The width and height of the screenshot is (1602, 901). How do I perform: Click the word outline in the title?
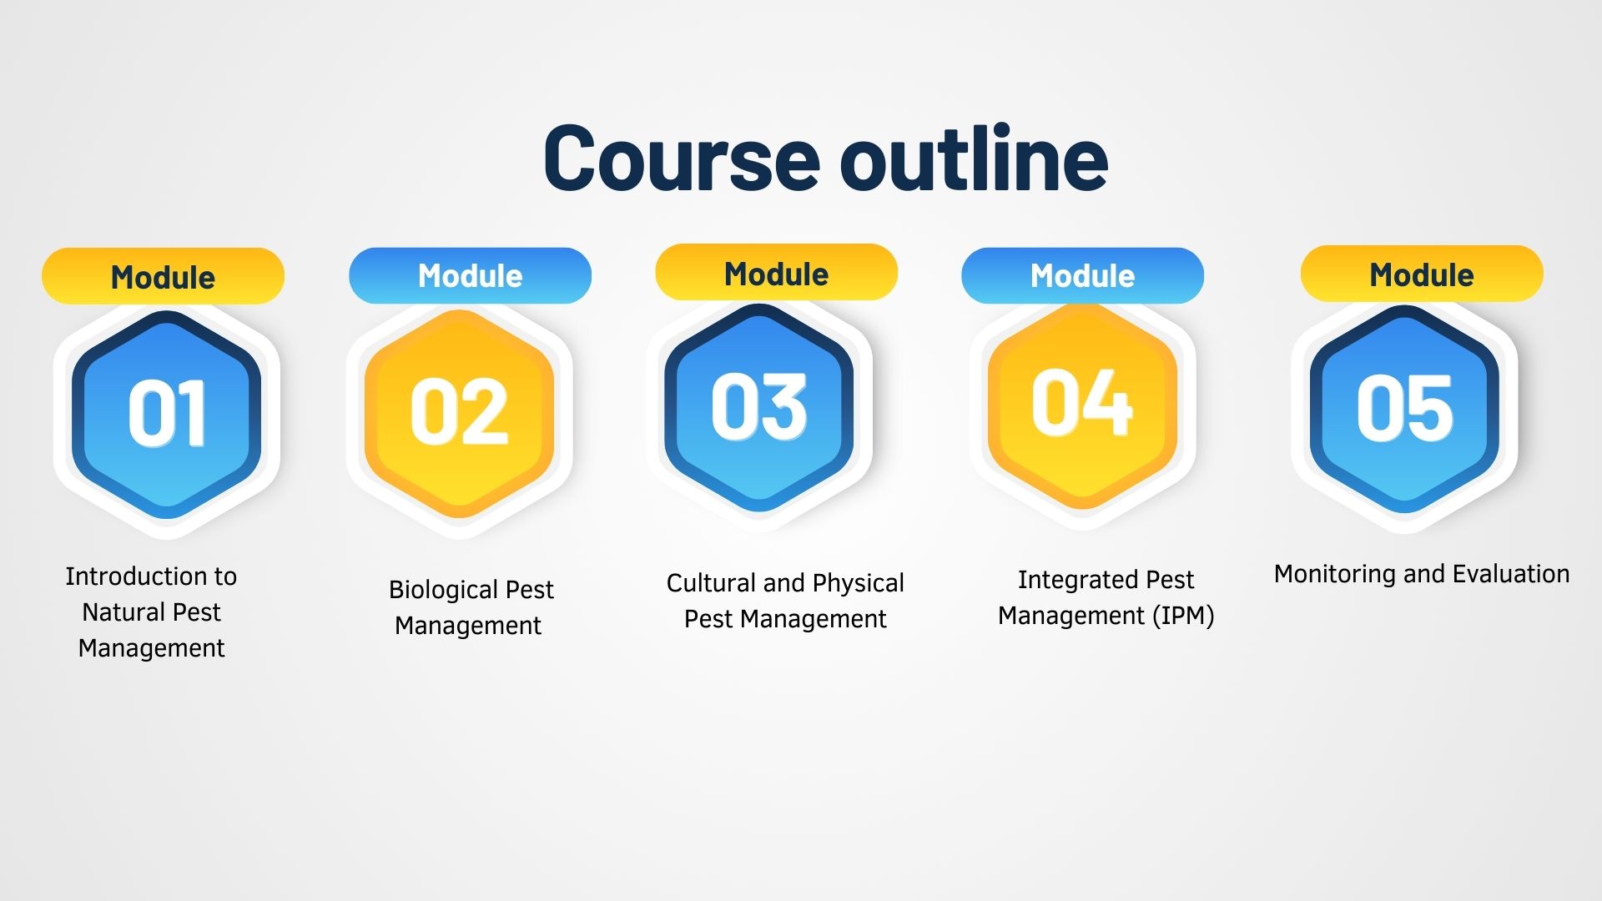click(x=974, y=159)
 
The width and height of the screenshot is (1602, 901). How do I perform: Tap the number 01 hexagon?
click(x=167, y=414)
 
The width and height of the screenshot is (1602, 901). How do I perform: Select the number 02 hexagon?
click(x=459, y=412)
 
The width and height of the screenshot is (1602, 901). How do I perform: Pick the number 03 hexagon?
click(x=759, y=407)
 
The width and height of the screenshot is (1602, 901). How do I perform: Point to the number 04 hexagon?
click(x=1082, y=405)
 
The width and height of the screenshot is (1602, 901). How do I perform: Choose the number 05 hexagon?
click(x=1405, y=409)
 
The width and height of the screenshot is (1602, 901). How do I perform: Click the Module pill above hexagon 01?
click(x=163, y=277)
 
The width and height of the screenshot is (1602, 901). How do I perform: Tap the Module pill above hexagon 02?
click(x=470, y=275)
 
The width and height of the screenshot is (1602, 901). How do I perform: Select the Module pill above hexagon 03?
click(x=776, y=274)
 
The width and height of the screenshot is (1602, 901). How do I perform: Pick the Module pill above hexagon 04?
click(x=1082, y=275)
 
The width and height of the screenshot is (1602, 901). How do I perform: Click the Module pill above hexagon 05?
click(x=1422, y=274)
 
